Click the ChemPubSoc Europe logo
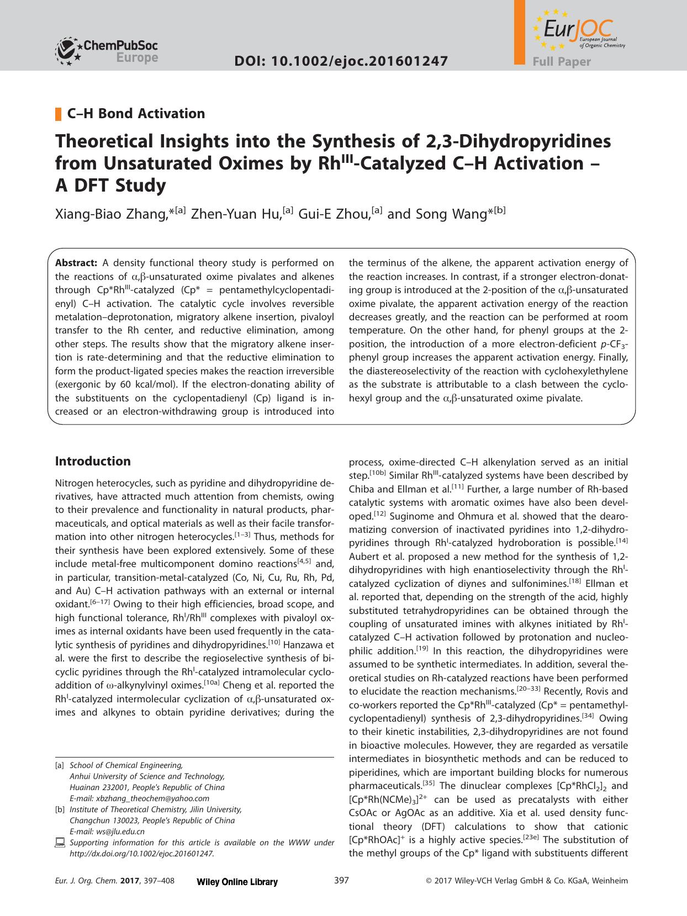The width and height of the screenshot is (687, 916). pos(107,50)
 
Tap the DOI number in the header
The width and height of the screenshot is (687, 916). pos(341,61)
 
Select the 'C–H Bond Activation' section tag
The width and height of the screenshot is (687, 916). pos(136,114)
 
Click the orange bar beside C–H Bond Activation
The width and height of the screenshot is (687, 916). pos(58,114)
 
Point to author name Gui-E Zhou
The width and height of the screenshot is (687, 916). pos(334,214)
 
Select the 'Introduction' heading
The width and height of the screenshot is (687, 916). pos(93,461)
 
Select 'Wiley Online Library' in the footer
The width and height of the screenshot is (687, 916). pos(237,882)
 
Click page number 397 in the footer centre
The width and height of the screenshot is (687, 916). pos(342,881)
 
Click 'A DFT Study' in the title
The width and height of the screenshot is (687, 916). pos(110,186)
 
